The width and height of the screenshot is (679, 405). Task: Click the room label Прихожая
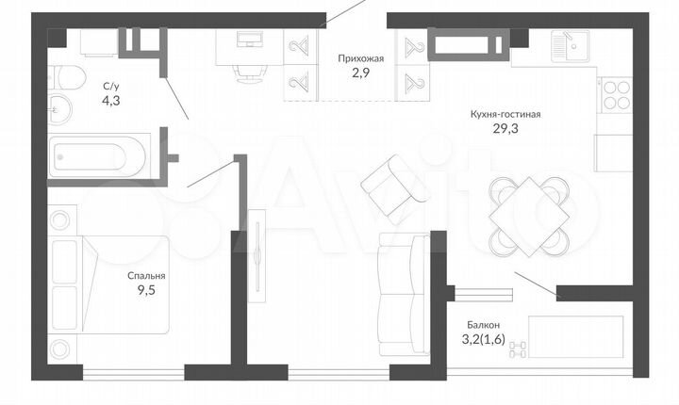coord(360,58)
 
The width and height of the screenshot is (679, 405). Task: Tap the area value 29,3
coord(505,128)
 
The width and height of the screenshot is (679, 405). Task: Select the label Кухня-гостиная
coord(505,114)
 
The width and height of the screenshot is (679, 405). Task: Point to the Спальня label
coord(146,276)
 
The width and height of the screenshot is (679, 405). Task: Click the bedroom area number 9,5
coord(146,290)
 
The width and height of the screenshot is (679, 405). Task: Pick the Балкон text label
coord(483,325)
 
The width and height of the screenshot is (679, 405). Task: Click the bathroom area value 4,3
coord(111,101)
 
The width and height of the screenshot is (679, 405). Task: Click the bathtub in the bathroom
coord(98,156)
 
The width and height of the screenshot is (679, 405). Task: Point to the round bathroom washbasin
coord(59,108)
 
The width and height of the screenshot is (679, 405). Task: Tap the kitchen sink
coord(570,46)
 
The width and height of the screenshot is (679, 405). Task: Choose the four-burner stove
coord(616,95)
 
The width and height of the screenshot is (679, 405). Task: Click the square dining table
coord(529,216)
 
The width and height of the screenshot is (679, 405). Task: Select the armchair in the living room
coord(395,189)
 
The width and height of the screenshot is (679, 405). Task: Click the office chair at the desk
coord(250,72)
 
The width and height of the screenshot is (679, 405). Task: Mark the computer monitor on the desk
coord(249,40)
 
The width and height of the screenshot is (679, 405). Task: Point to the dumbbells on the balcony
coord(518,349)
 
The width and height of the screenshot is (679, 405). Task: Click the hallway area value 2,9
coord(360,73)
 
